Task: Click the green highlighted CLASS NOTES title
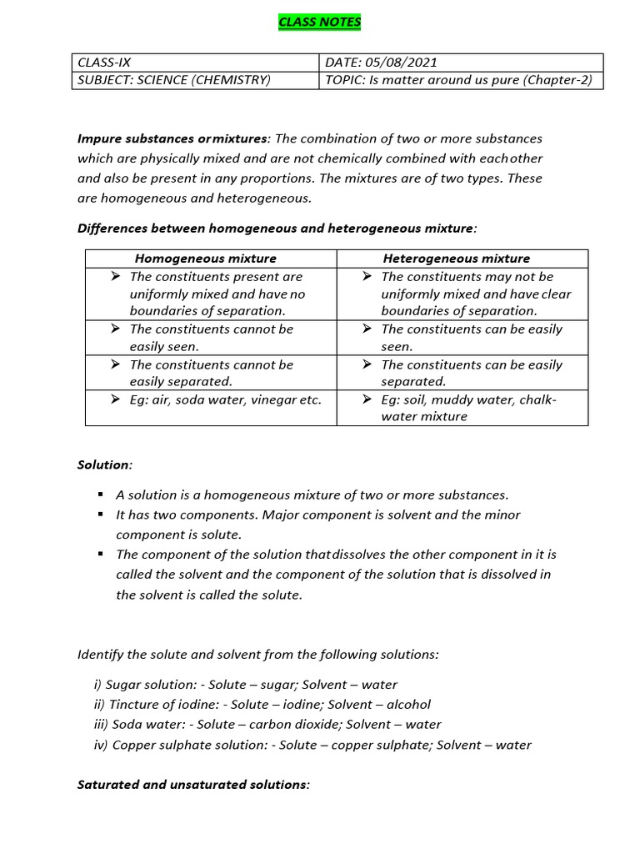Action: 320,23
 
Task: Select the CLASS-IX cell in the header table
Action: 104,63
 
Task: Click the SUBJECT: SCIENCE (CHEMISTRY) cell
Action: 173,80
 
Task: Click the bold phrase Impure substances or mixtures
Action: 173,138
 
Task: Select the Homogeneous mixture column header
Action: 206,259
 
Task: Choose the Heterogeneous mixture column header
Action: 456,259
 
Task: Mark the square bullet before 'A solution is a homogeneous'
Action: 100,495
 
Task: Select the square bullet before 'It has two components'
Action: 100,515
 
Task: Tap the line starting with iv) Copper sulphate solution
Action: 312,745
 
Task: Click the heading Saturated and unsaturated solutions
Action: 193,785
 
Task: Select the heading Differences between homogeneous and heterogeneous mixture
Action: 277,228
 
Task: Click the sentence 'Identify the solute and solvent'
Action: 257,655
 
